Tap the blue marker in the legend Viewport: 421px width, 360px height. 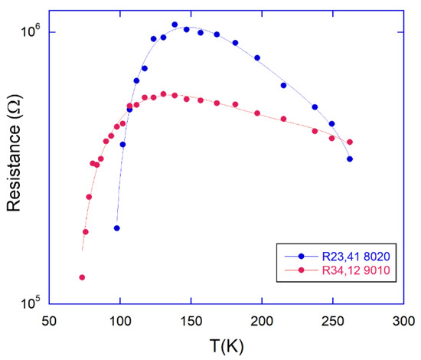302,257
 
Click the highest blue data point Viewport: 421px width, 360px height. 175,25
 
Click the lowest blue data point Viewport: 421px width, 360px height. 116,228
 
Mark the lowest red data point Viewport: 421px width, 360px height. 82,277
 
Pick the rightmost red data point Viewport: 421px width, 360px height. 350,142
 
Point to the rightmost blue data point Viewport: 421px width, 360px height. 350,159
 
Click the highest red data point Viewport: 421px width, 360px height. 164,94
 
